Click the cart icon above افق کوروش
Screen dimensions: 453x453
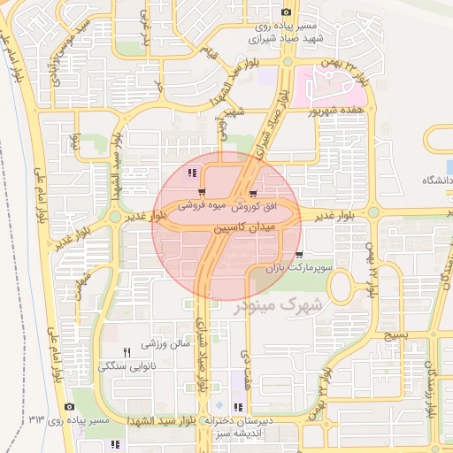pyautogui.click(x=254, y=193)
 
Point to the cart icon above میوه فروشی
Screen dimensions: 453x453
pyautogui.click(x=203, y=192)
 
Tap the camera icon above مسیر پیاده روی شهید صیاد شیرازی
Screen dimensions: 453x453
pyautogui.click(x=286, y=12)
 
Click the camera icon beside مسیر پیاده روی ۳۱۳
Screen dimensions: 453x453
pyautogui.click(x=69, y=406)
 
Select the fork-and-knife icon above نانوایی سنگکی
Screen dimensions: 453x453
pyautogui.click(x=127, y=352)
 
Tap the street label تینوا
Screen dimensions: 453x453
pyautogui.click(x=77, y=141)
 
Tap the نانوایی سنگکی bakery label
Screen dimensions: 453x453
pyautogui.click(x=130, y=365)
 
